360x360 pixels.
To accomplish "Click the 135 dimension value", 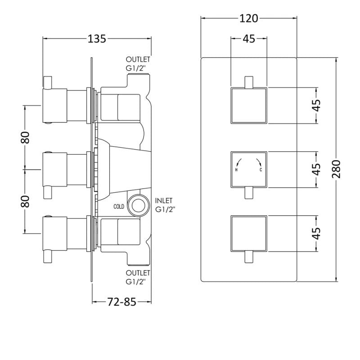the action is point(97,39).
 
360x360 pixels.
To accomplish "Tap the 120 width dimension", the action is point(249,18).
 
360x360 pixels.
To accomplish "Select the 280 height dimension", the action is point(336,169).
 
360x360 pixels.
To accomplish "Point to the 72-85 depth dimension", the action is point(121,301).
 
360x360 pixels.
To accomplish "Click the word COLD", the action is point(119,207).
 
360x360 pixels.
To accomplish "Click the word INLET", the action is point(164,201).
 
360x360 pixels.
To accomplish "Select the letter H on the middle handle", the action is point(236,170).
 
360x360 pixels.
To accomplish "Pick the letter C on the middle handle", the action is point(261,170).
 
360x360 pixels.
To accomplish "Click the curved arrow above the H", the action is point(238,162).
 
